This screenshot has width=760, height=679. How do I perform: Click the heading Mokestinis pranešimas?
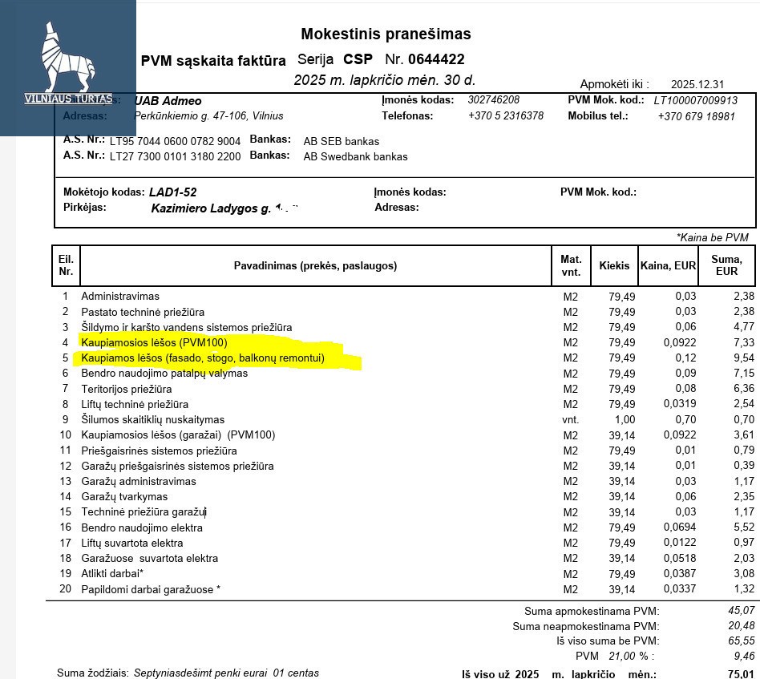click(386, 34)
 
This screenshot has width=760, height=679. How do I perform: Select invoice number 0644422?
click(436, 59)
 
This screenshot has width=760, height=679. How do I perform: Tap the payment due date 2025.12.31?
click(697, 84)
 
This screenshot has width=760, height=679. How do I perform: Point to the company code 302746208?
click(493, 100)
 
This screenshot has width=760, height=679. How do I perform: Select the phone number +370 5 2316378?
click(505, 116)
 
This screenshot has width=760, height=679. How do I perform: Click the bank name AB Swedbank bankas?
click(355, 156)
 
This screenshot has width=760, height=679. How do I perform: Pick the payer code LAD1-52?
click(172, 192)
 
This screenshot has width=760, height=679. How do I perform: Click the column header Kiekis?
click(614, 265)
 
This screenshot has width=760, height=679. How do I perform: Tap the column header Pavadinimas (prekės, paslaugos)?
click(315, 265)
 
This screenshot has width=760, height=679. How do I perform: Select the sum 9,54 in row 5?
click(743, 358)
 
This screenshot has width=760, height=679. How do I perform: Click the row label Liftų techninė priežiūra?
click(135, 404)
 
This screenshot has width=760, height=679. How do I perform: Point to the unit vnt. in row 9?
click(570, 419)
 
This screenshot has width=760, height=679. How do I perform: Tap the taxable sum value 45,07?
click(741, 611)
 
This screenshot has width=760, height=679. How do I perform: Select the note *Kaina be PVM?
click(712, 237)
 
